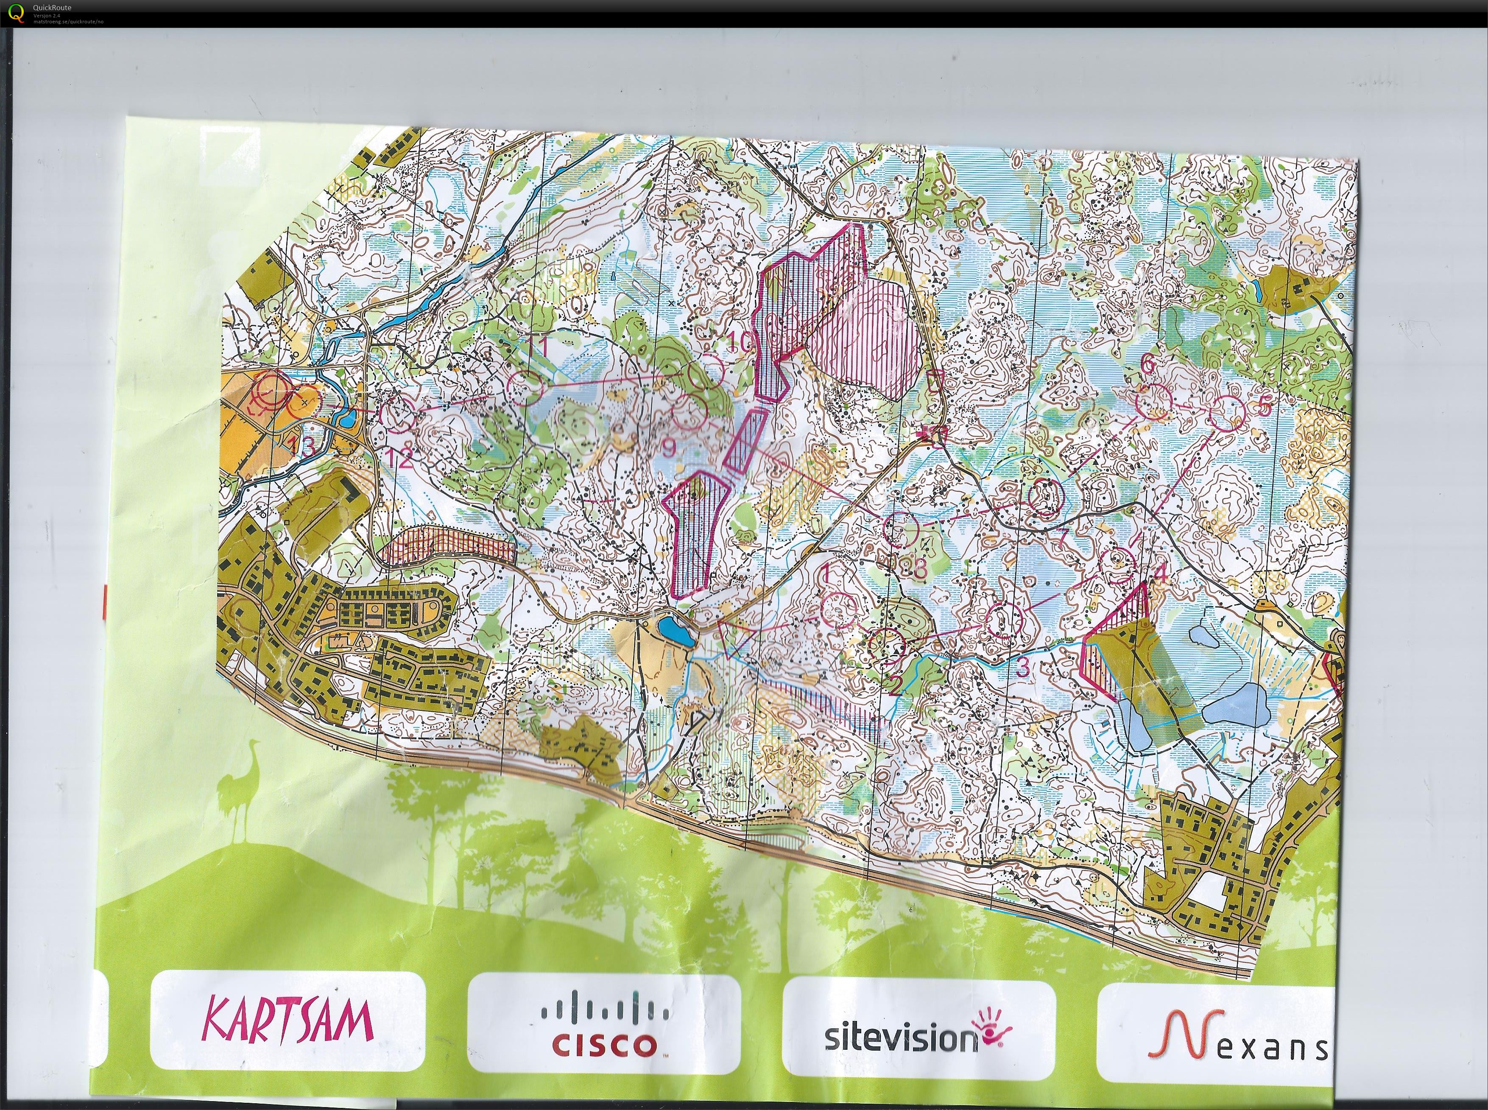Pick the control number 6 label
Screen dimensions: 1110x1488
[x=1147, y=363]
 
